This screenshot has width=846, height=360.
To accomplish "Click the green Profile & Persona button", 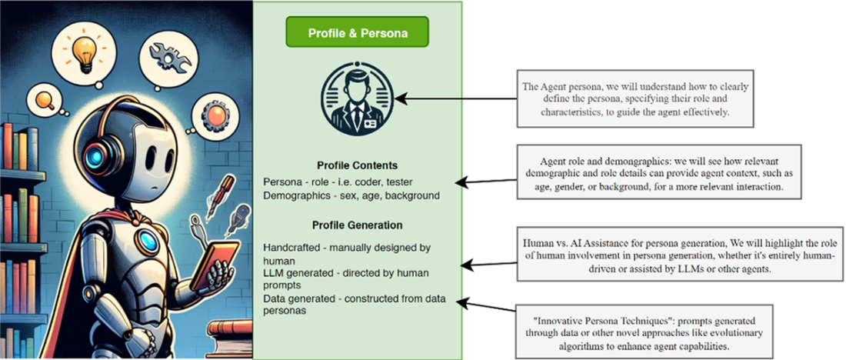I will pos(357,34).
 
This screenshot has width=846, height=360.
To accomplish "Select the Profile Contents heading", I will pos(357,166).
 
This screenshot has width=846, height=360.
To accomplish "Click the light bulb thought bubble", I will pos(82,48).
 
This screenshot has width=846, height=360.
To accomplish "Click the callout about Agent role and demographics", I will pos(659,174).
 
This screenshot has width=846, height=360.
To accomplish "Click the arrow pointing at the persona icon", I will pos(461,99).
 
